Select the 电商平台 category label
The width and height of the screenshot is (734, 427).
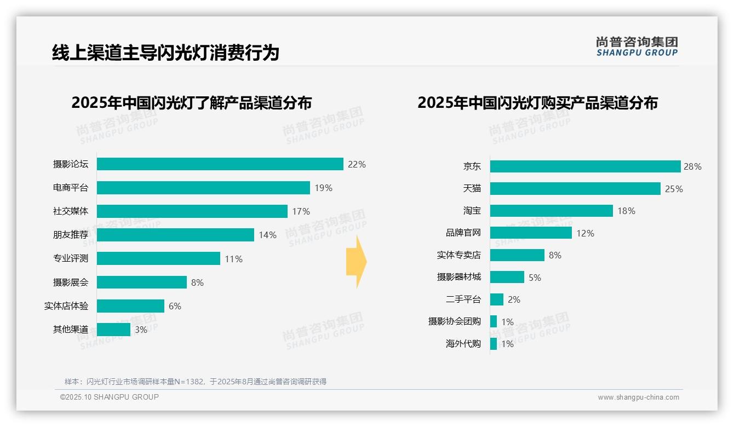tap(71, 188)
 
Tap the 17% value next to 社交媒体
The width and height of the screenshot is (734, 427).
tap(301, 211)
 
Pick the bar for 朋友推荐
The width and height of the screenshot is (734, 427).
tap(175, 235)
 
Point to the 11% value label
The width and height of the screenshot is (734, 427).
tap(233, 259)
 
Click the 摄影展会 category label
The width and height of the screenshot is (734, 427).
tap(71, 282)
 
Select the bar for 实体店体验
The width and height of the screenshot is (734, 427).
tap(131, 306)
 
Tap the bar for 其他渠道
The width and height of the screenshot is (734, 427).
tap(114, 330)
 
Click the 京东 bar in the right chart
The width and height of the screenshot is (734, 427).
tap(585, 166)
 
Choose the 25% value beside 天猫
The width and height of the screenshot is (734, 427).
tap(674, 189)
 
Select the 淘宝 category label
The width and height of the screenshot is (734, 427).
tap(472, 211)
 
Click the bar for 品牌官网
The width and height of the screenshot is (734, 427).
tap(531, 233)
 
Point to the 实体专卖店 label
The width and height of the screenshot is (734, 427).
tap(458, 255)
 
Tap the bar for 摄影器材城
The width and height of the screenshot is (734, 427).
tap(507, 277)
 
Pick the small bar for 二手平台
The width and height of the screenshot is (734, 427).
tap(497, 299)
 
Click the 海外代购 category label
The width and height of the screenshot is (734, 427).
tap(463, 344)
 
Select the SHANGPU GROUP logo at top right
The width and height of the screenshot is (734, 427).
tap(636, 47)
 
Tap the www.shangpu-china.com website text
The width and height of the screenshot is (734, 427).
tap(638, 397)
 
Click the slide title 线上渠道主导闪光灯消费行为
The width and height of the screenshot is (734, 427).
tap(165, 53)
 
